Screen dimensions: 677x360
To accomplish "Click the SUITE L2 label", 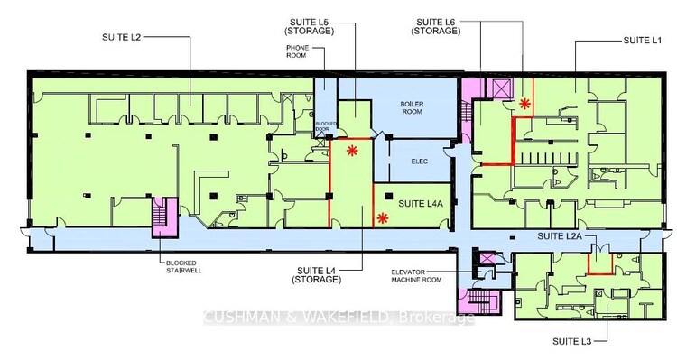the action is (121, 37).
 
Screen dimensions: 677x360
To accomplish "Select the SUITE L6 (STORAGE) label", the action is (436, 26).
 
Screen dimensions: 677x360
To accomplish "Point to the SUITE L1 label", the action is (643, 40).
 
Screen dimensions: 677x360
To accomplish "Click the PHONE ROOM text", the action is (297, 51).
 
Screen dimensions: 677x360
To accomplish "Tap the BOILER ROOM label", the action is (412, 107).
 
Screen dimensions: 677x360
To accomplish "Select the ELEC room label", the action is (419, 162).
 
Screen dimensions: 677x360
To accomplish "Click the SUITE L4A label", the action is (421, 203).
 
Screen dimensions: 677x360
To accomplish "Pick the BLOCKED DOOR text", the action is (326, 126).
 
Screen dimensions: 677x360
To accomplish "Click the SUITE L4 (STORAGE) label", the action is (317, 275).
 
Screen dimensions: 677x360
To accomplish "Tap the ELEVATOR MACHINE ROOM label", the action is (416, 276).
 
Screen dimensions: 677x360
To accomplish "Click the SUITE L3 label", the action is (571, 341).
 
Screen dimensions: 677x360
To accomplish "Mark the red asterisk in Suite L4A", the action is (382, 218).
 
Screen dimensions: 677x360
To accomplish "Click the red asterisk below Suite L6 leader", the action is (524, 103).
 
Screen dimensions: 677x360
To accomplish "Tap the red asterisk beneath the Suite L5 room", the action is (352, 151).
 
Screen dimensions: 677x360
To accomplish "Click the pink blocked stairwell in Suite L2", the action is (163, 217).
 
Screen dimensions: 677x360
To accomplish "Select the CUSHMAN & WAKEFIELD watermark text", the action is (338, 318).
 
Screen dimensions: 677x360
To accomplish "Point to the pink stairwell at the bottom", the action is (479, 302).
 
